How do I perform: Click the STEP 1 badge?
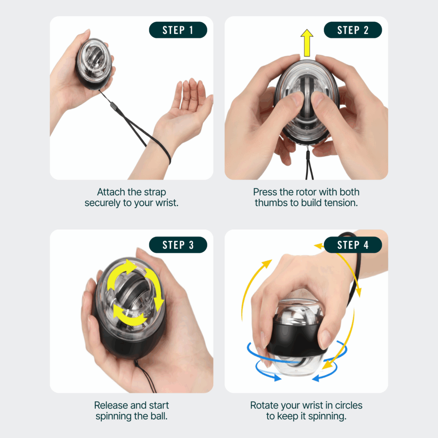[x=178, y=30]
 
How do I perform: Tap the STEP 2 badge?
[x=352, y=30]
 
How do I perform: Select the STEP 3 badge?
[x=178, y=245]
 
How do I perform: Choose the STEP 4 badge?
[x=352, y=245]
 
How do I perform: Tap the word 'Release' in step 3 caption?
[x=110, y=405]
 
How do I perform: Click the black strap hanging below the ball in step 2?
[x=309, y=165]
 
